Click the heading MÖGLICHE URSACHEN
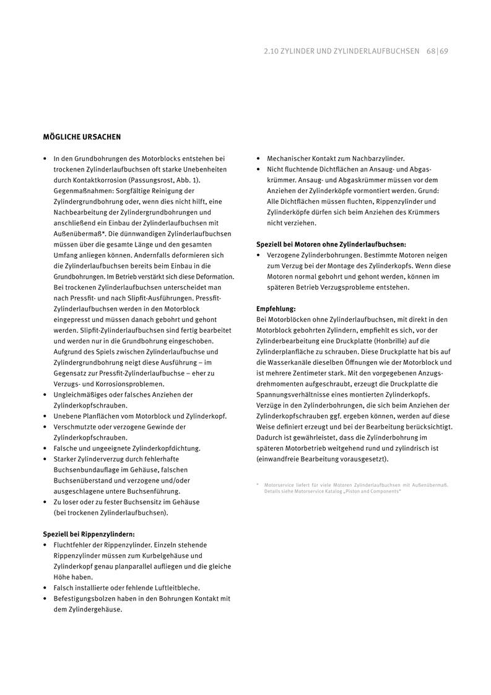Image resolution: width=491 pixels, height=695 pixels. click(82, 136)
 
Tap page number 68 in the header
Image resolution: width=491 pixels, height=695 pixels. click(431, 51)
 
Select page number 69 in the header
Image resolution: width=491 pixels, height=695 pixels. click(444, 51)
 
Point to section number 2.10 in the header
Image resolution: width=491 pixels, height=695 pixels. click(271, 51)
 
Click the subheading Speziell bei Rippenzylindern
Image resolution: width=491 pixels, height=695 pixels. click(89, 534)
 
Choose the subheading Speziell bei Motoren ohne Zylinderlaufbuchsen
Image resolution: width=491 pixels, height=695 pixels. click(331, 244)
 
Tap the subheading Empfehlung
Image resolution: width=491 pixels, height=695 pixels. click(276, 308)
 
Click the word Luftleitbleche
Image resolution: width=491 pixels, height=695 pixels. click(176, 587)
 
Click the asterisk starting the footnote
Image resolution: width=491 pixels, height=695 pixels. click(258, 485)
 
